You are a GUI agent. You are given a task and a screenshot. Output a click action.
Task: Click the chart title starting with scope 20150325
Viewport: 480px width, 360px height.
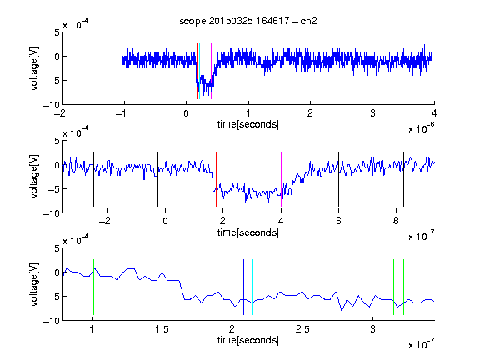248,21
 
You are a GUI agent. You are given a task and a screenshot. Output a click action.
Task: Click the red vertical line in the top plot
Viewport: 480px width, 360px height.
197,71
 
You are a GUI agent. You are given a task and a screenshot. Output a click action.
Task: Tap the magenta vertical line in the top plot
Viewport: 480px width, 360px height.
211,71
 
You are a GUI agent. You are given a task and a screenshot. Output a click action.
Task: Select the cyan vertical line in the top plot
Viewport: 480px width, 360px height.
199,71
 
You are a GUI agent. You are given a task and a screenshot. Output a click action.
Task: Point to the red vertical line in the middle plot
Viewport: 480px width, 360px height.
216,179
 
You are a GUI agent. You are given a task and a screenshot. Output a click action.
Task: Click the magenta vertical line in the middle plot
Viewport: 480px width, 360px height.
281,179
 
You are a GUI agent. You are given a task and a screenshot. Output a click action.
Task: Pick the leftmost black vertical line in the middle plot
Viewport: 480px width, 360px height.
93,179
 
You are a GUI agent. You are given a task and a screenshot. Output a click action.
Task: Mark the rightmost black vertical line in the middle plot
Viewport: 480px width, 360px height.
403,179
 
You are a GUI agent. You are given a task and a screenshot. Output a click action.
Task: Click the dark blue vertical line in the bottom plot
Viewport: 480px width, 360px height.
243,287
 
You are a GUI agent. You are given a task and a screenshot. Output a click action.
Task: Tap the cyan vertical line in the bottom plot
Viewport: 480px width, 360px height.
252,287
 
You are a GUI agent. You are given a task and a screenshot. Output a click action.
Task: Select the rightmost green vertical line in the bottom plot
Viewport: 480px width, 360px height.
404,287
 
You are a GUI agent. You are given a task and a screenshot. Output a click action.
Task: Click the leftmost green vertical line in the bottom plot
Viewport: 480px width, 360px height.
93,287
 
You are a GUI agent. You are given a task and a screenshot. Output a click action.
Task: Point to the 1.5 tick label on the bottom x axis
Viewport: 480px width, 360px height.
162,329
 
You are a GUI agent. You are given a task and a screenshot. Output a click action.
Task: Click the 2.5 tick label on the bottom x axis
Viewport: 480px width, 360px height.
302,329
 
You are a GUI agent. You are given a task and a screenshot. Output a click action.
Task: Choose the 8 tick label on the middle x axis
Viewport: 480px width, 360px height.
396,221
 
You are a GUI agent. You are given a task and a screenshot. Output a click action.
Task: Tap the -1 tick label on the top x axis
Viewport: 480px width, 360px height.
122,113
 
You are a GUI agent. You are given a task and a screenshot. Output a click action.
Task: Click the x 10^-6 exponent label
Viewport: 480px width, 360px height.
422,128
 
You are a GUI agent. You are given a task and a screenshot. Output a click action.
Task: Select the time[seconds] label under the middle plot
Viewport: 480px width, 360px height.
248,232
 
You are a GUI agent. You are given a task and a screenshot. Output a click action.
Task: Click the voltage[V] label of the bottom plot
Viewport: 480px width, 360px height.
34,284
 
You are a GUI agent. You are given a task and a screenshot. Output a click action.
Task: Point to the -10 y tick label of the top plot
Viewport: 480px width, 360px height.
51,105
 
